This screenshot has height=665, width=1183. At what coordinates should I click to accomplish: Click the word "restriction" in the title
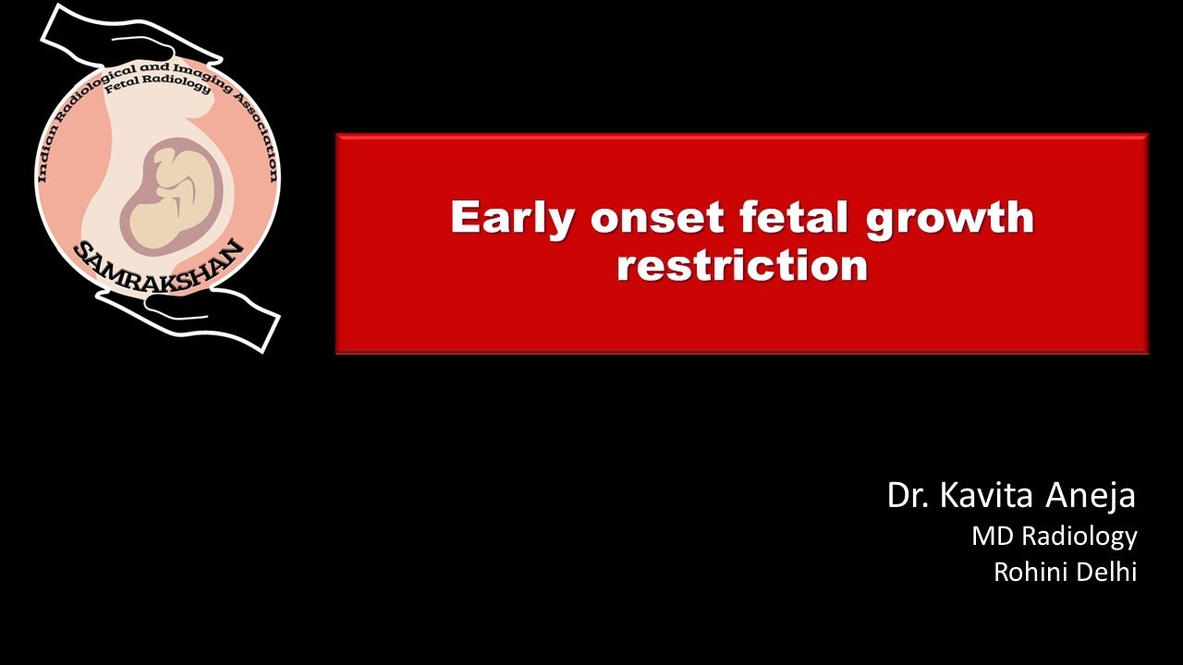point(742,266)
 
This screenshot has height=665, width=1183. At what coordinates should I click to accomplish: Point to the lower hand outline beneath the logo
point(213,319)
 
